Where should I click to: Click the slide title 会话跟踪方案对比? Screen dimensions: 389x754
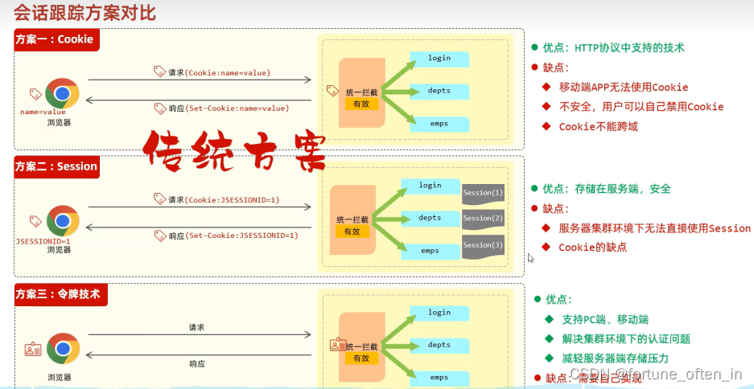(x=84, y=13)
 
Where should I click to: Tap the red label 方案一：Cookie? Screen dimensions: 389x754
(x=55, y=39)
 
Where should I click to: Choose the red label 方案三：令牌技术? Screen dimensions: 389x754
(x=59, y=294)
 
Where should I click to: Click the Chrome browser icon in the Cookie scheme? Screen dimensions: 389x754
(x=61, y=95)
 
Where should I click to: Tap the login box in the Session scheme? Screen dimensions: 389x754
(x=430, y=186)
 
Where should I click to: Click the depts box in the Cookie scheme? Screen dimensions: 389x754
(x=439, y=91)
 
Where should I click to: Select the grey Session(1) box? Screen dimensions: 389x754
(x=483, y=193)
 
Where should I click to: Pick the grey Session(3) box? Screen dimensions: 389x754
(x=483, y=245)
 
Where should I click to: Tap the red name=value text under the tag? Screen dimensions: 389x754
(x=43, y=112)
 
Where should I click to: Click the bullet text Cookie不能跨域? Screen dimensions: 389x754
(x=598, y=127)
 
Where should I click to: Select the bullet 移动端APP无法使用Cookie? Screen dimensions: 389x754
(x=623, y=87)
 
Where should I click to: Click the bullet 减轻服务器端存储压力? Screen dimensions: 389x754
(x=615, y=358)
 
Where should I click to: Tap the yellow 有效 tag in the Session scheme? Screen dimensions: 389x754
(x=352, y=231)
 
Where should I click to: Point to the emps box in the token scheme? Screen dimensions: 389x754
(x=439, y=377)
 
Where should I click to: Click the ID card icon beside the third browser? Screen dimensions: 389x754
(x=33, y=349)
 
